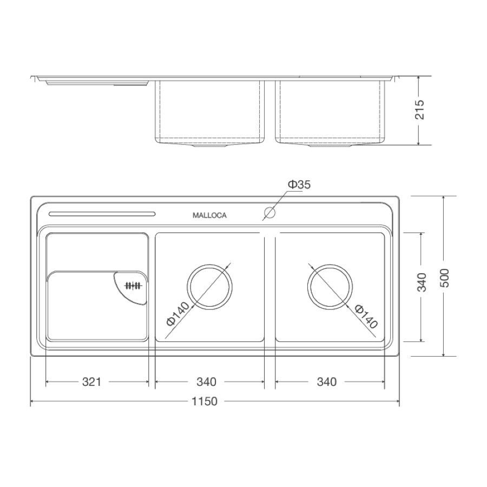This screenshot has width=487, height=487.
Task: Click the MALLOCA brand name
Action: [x=209, y=215]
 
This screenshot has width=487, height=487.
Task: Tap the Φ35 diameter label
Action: [x=299, y=185]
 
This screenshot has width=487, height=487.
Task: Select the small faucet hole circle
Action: [x=269, y=213]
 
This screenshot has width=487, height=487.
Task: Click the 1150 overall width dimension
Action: [x=205, y=402]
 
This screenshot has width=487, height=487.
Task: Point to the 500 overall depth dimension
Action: [x=445, y=278]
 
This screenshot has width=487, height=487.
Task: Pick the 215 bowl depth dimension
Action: [x=419, y=109]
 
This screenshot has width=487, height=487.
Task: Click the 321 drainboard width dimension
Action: [x=91, y=381]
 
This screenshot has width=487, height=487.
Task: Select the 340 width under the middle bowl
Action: [x=206, y=381]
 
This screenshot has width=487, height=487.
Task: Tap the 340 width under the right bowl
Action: [x=327, y=381]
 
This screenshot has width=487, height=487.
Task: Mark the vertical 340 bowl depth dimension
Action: [x=422, y=282]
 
